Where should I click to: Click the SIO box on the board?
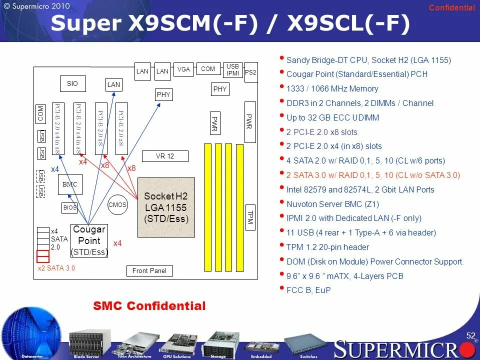(x=72, y=84)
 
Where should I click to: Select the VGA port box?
(x=183, y=69)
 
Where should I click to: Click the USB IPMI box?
(x=232, y=69)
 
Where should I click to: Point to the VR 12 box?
(x=165, y=156)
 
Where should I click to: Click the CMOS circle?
(x=117, y=204)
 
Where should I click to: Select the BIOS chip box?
(x=70, y=207)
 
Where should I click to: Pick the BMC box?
(x=70, y=184)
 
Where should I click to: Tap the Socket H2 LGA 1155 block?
(x=166, y=207)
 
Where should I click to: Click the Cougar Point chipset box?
(x=89, y=240)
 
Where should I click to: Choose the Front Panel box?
(x=149, y=271)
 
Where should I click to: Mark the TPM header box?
(x=250, y=217)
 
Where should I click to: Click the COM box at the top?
(x=208, y=69)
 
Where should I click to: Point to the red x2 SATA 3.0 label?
(x=56, y=268)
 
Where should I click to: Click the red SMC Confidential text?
(x=149, y=306)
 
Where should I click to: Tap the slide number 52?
(x=470, y=335)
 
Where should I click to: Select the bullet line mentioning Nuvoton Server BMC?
(x=332, y=204)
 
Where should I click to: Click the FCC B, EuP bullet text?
(x=308, y=290)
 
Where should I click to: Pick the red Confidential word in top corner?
(x=452, y=7)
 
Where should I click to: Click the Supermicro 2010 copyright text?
(x=37, y=6)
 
